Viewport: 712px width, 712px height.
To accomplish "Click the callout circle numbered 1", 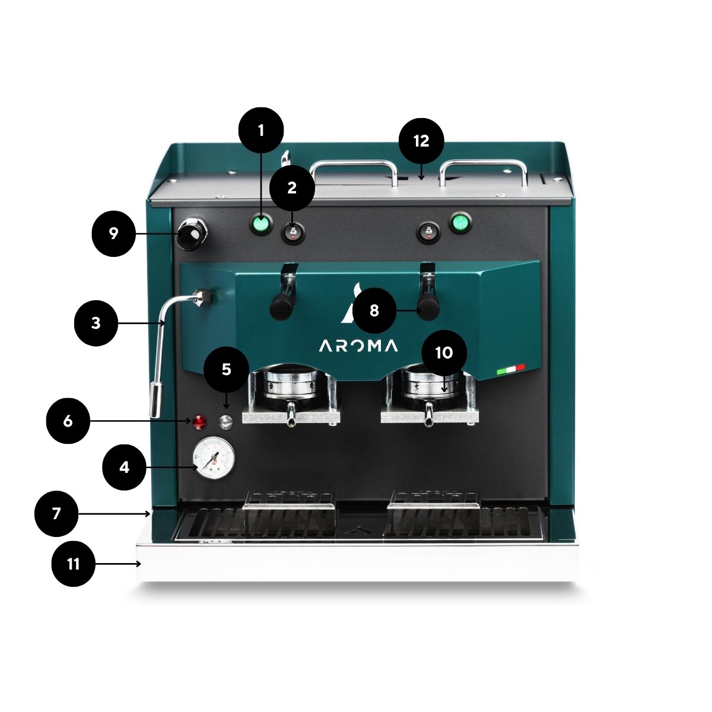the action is coord(261,130).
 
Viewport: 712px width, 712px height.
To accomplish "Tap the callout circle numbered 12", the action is coord(421,141).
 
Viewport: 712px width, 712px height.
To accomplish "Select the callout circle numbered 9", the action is coord(114,234).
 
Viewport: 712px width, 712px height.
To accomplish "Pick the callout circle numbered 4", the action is coord(125,468).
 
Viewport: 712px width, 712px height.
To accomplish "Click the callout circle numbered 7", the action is coord(56,514).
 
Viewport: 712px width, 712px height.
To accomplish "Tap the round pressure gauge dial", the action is coord(214,459).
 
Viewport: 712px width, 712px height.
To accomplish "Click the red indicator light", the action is coord(201,422).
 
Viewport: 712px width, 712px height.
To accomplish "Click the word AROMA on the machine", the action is coord(358,346).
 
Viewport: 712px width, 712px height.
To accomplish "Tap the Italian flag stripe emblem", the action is coord(511,369).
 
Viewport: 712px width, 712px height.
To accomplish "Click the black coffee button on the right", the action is coord(428,233).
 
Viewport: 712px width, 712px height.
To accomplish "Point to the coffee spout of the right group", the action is coord(428,414).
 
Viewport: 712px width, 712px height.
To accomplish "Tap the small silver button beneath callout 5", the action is coord(225,422).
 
